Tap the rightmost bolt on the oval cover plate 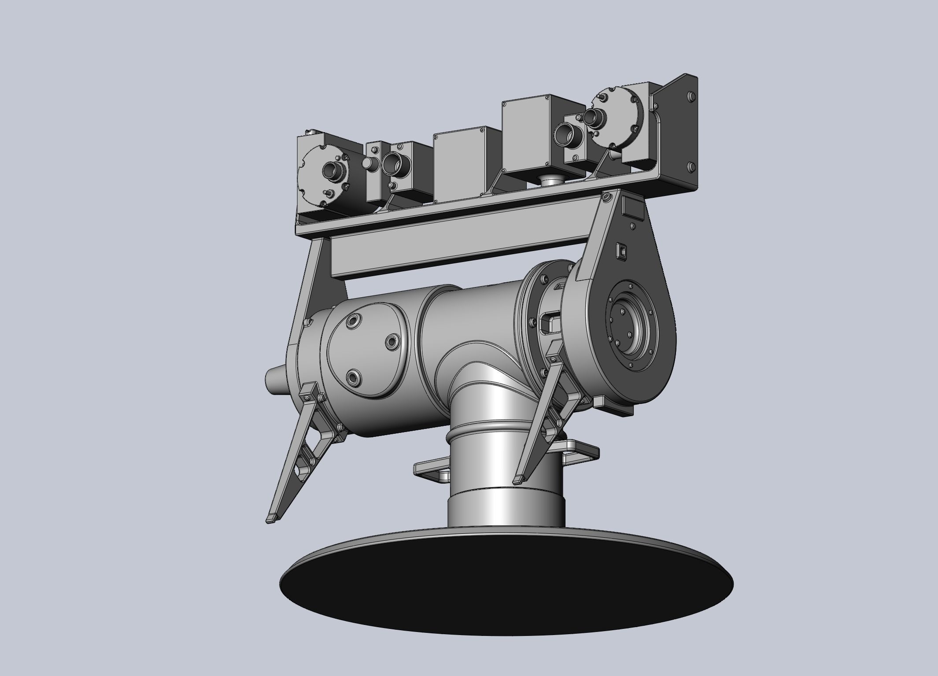pyautogui.click(x=391, y=341)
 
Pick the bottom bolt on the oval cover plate pyautogui.click(x=353, y=377)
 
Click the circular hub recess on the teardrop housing pyautogui.click(x=631, y=324)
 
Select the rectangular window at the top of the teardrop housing pyautogui.click(x=632, y=207)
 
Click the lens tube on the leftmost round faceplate pyautogui.click(x=331, y=170)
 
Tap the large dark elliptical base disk pyautogui.click(x=506, y=586)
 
